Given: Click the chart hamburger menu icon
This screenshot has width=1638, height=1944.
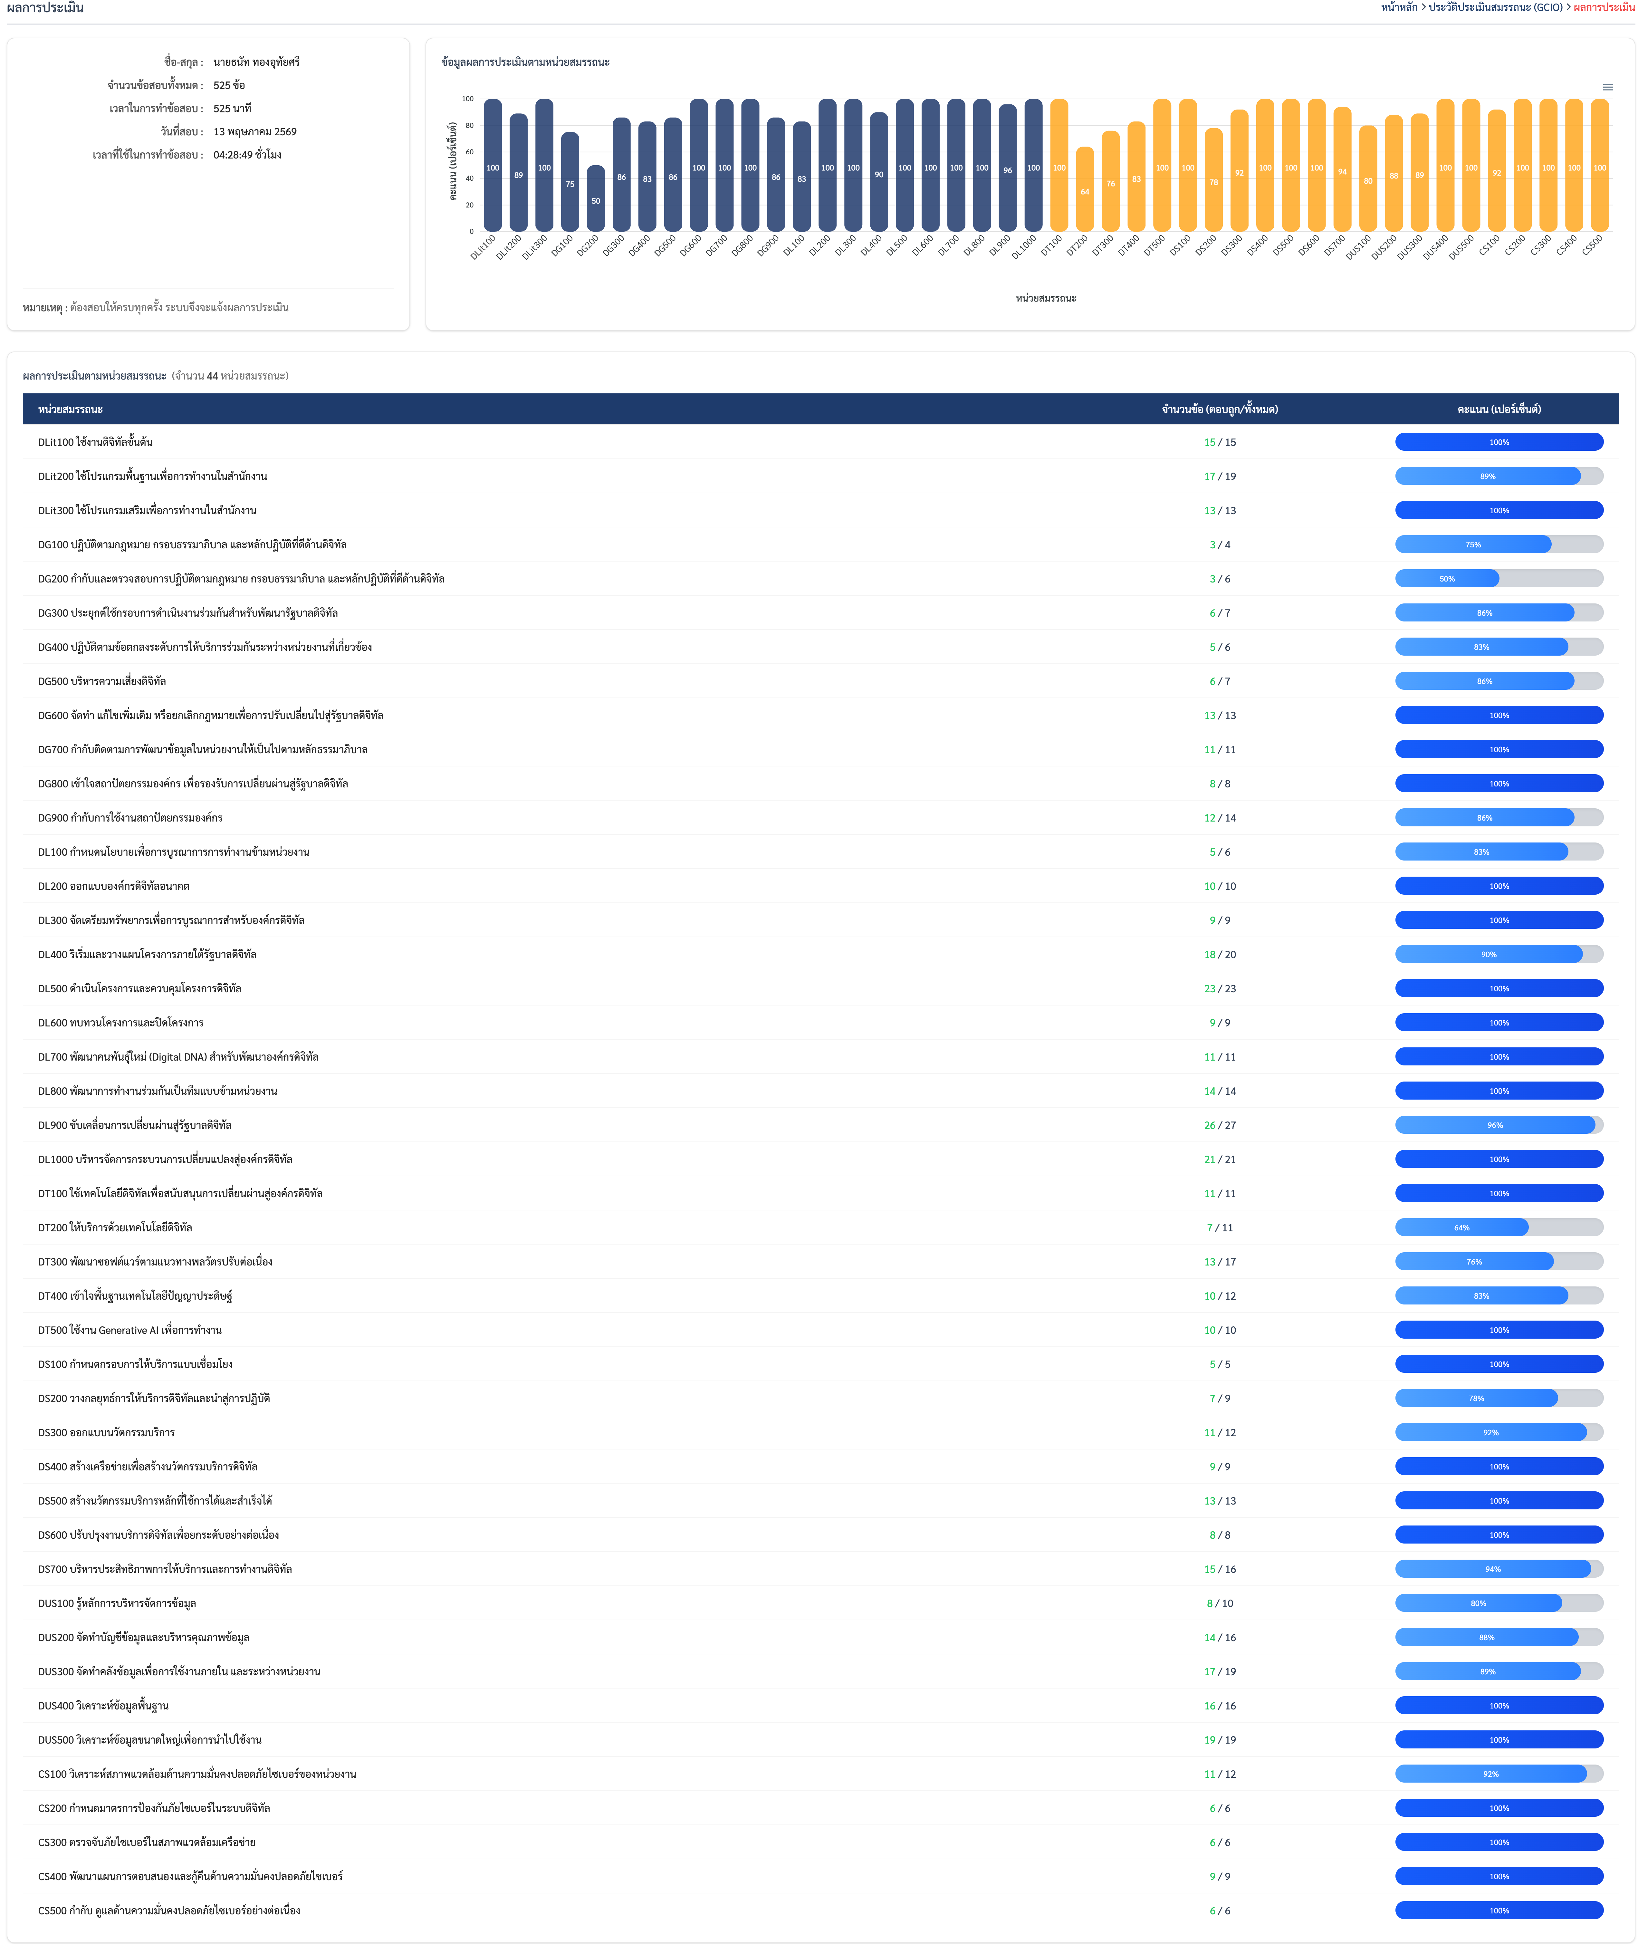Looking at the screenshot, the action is click(x=1607, y=87).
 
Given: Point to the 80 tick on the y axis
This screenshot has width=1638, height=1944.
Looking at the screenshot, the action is click(x=469, y=125).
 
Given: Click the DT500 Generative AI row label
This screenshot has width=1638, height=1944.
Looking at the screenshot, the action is click(x=130, y=1330).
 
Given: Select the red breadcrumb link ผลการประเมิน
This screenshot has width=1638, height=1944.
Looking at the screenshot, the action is click(x=1604, y=7).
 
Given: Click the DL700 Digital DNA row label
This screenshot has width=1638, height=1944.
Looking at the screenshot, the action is click(x=178, y=1057).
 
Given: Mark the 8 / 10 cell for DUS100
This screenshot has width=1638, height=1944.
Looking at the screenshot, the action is click(x=1219, y=1603).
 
